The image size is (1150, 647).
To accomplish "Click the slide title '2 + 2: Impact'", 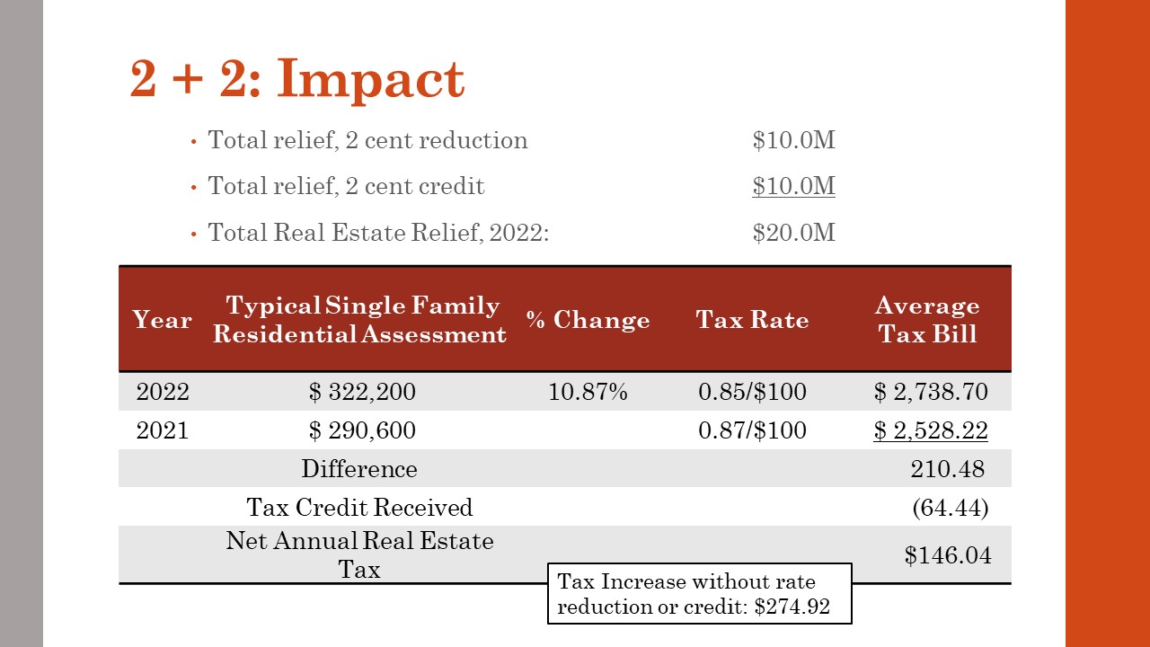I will click(x=297, y=79).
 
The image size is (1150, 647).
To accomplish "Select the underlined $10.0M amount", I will click(x=793, y=186).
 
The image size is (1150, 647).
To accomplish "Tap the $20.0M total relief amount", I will click(x=793, y=233).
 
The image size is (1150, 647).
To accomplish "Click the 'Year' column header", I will click(x=162, y=320).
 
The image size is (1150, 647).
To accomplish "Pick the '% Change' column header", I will click(x=588, y=320).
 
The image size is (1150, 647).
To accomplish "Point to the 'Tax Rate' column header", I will click(x=752, y=320).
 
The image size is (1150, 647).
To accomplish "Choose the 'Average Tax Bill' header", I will click(x=927, y=320).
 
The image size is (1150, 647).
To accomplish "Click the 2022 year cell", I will click(x=163, y=392).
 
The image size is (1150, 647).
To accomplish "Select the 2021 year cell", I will click(x=163, y=430).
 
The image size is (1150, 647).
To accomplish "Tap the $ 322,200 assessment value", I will click(x=362, y=392).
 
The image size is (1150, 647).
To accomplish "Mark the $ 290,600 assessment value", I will click(x=362, y=430).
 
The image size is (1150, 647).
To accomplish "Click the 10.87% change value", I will click(x=588, y=392).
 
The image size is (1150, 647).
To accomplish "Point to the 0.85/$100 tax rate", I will click(x=752, y=392).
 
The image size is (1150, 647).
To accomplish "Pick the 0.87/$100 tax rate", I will click(x=752, y=430).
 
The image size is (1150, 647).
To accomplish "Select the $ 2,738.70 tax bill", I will click(x=931, y=392).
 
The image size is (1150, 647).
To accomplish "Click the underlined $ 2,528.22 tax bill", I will click(x=931, y=430).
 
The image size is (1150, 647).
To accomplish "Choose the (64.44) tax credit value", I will click(x=950, y=508).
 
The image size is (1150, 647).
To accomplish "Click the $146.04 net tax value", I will click(x=948, y=555).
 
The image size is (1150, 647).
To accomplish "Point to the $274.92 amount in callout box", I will click(x=792, y=607).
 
